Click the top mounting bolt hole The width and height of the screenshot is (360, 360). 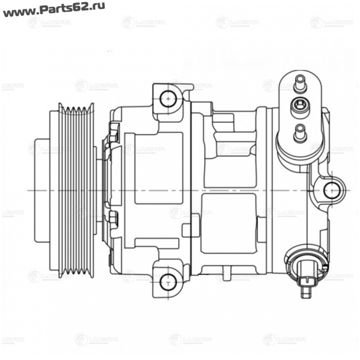pos(168,98)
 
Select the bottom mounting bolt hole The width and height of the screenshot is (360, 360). pos(167,282)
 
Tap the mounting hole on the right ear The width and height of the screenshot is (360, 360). pos(332,190)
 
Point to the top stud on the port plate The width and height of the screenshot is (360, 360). pos(299,84)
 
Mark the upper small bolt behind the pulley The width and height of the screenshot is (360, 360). pos(113,134)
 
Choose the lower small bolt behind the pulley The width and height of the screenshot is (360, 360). pos(113,219)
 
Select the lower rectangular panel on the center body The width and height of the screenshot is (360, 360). pos(228,223)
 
